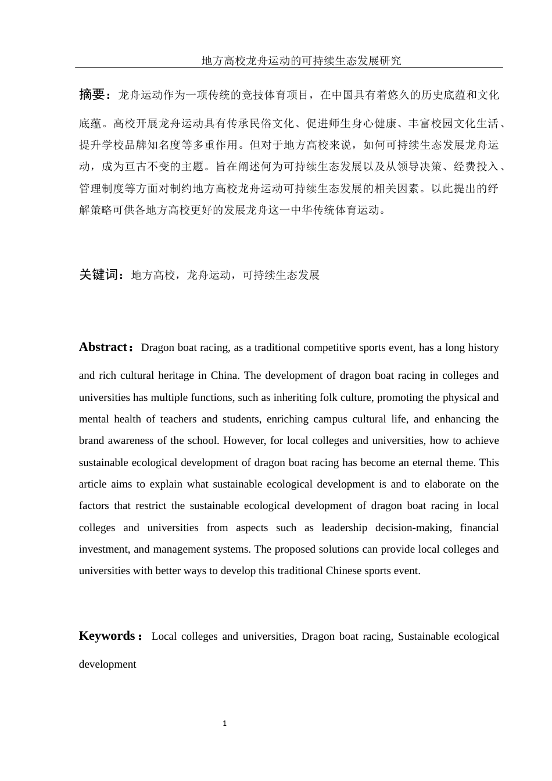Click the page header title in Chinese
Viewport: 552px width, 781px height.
(301, 60)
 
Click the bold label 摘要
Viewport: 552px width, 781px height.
(92, 94)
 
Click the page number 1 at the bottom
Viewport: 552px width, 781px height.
(225, 723)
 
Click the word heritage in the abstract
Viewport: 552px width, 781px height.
(176, 375)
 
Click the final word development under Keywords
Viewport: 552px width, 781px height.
(107, 664)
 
